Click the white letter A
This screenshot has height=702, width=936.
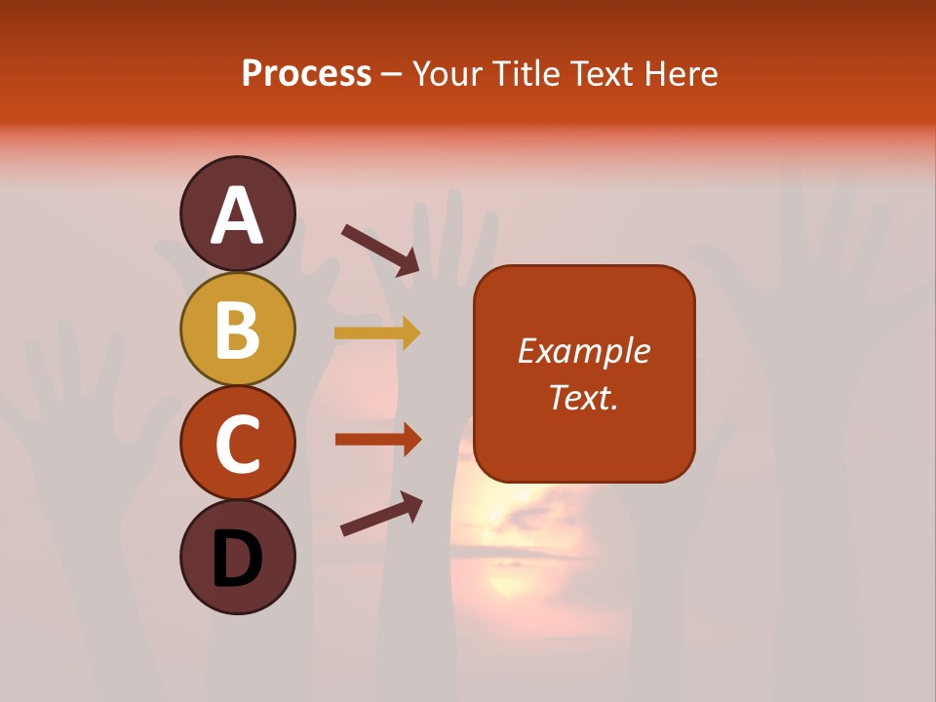238,215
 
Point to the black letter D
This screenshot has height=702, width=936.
238,560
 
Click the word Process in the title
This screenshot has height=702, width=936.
306,74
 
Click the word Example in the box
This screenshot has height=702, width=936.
584,351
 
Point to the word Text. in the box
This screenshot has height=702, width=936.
584,397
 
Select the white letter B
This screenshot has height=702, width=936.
238,331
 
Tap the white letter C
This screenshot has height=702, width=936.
238,445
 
